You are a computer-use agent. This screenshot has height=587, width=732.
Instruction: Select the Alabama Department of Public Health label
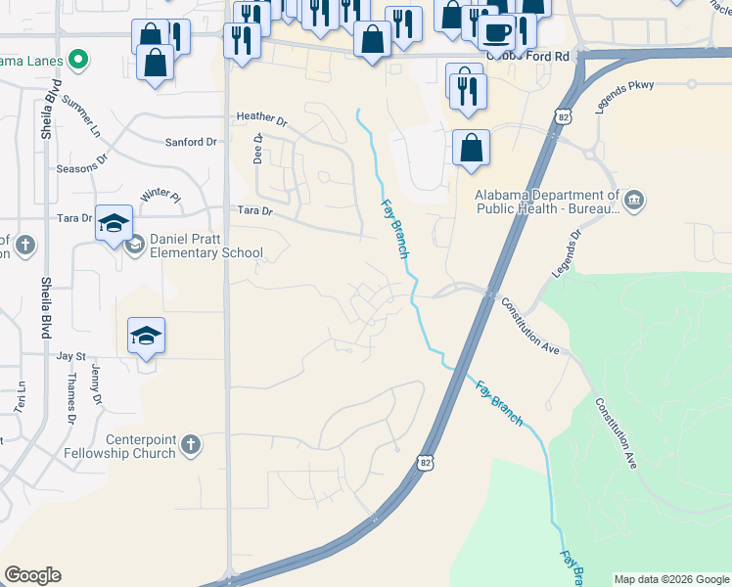point(547,201)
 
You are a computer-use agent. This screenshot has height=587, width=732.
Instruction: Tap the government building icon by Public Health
point(634,201)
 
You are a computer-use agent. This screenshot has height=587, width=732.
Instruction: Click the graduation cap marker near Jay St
point(147,337)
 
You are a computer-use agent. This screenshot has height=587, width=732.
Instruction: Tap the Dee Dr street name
point(258,149)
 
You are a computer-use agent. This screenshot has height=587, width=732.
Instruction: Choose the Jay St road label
point(71,357)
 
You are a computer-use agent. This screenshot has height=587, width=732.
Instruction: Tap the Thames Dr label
point(70,403)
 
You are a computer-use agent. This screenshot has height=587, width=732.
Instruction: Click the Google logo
point(32,575)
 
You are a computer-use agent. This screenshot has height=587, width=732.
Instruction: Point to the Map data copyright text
point(671,579)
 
